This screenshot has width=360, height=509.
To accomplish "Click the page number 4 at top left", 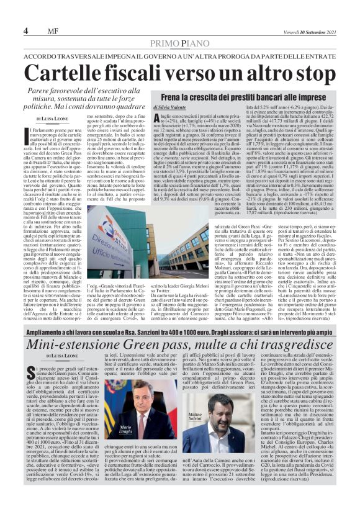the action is click(x=26, y=31).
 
